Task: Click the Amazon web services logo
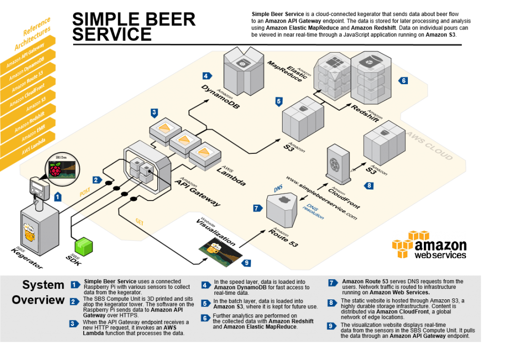click(x=429, y=244)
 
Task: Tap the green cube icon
click(x=84, y=246)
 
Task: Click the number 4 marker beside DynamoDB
click(x=206, y=76)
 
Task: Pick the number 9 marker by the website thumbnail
click(x=245, y=262)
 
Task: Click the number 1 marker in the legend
click(x=75, y=285)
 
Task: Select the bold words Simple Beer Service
click(x=110, y=281)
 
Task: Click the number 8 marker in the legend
click(x=332, y=303)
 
